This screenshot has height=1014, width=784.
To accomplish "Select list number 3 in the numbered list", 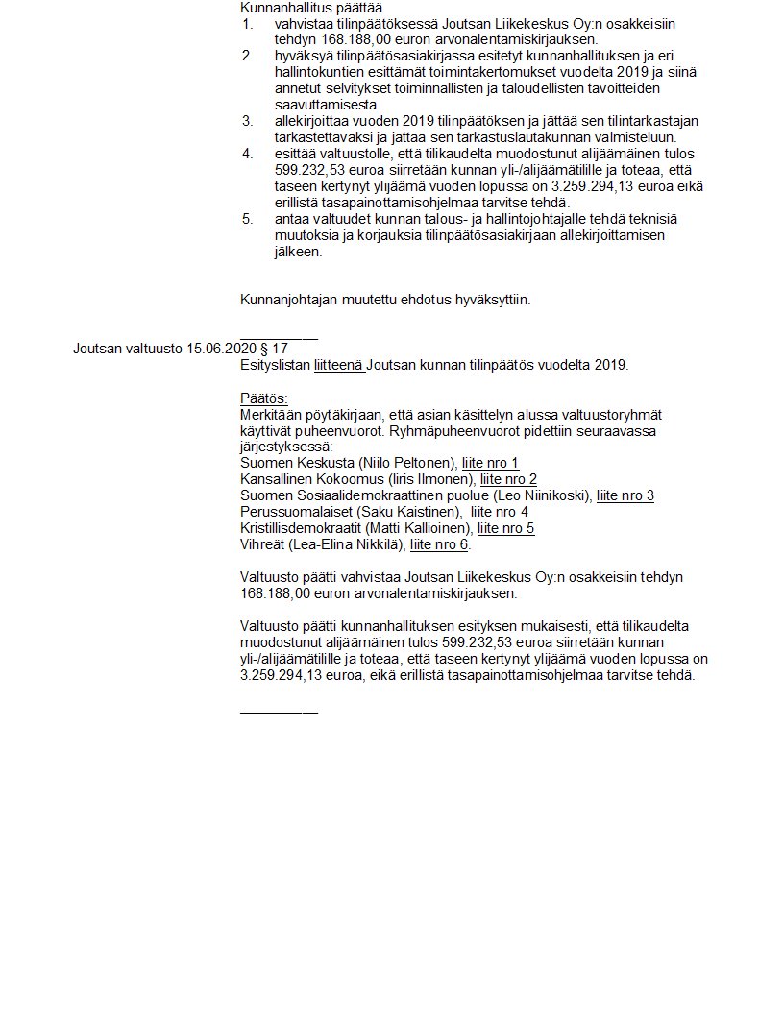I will pyautogui.click(x=247, y=121).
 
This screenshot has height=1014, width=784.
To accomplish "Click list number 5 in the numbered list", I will pyautogui.click(x=247, y=219).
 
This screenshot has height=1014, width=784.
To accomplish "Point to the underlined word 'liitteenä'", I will pyautogui.click(x=338, y=365).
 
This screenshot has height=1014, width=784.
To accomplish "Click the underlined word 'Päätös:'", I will pyautogui.click(x=264, y=398).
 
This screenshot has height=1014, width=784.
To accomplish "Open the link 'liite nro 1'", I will pyautogui.click(x=490, y=464).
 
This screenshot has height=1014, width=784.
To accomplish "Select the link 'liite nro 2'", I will pyautogui.click(x=508, y=480).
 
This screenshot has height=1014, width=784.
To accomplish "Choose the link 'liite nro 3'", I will pyautogui.click(x=625, y=496).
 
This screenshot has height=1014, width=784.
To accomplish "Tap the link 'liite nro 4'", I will pyautogui.click(x=499, y=513).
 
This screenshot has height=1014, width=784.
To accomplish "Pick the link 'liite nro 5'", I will pyautogui.click(x=505, y=529).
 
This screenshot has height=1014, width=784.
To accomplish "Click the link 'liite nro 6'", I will pyautogui.click(x=439, y=545).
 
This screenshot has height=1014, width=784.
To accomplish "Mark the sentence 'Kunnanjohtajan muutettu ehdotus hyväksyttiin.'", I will pyautogui.click(x=385, y=300).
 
